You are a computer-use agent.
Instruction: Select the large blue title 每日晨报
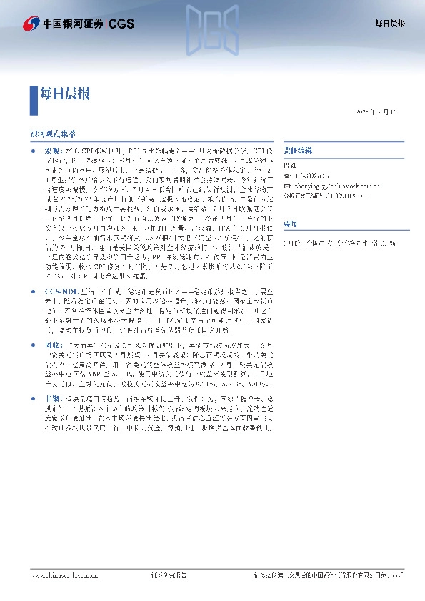click(x=64, y=93)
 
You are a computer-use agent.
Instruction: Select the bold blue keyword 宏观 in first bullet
click(x=53, y=152)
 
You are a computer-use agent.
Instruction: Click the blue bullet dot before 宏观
click(x=33, y=152)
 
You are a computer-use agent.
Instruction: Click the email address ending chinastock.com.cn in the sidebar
click(x=321, y=183)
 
